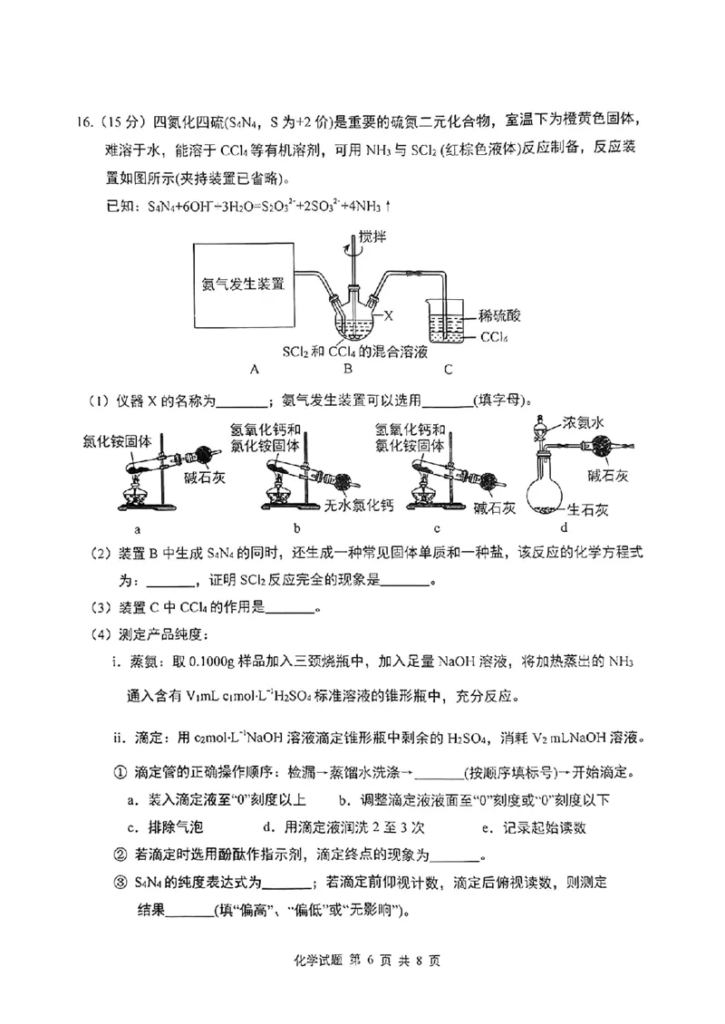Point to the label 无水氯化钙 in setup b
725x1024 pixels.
click(358, 503)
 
